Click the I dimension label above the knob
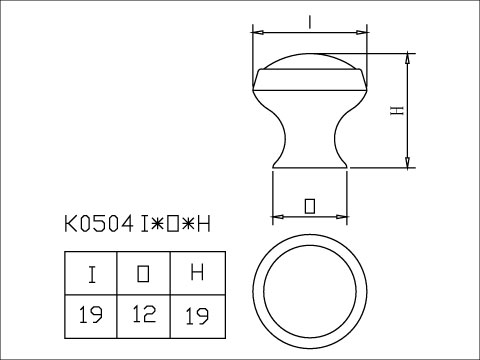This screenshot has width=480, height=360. coord(311,19)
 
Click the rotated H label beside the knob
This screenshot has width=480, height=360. coord(396,112)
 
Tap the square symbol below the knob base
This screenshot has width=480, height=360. coord(309,205)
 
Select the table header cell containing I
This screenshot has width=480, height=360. coord(92,272)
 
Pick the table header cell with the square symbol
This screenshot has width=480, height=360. coord(144,272)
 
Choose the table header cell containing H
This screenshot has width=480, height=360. coord(196,272)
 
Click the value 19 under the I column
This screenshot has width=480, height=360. coord(92,316)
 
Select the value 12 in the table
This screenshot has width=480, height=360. coord(144,316)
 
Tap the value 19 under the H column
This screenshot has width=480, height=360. coord(196,316)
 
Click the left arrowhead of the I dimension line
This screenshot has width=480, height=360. coord(253,28)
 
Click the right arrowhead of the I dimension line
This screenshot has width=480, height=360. coord(366,28)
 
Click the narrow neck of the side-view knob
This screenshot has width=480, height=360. coord(309,135)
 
